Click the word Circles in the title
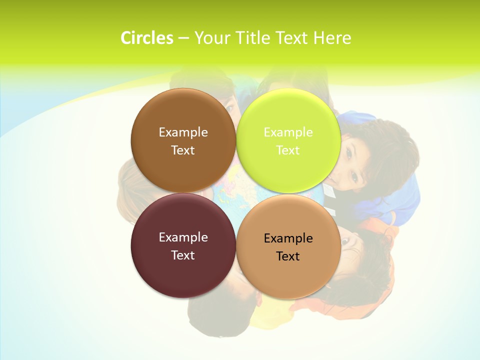point(147,38)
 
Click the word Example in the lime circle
point(288,132)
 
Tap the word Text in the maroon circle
point(183,255)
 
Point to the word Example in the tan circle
point(288,238)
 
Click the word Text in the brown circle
point(183,150)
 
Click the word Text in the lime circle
point(288,150)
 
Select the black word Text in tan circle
point(288,256)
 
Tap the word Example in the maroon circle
point(183,237)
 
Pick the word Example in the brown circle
point(183,132)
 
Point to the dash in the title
point(183,38)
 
